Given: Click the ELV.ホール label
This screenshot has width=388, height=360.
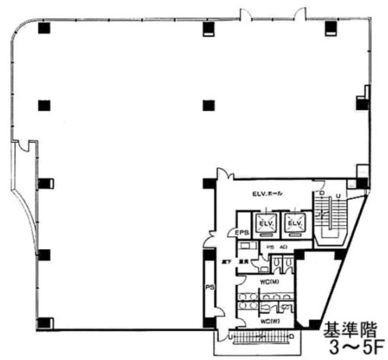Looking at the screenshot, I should pos(267,194).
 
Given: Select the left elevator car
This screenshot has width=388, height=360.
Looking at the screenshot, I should pos(265,223).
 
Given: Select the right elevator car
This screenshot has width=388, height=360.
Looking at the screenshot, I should pos(294,223).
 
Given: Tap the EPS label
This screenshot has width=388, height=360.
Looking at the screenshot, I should pos(242,232).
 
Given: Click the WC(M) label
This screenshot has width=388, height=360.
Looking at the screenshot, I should pos(271,281).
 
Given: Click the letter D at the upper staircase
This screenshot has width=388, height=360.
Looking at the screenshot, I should pos(321,194).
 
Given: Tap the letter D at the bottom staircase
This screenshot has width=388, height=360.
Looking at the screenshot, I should pos(292,337).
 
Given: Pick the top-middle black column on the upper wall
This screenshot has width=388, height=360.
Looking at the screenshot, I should pos(207,28).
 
